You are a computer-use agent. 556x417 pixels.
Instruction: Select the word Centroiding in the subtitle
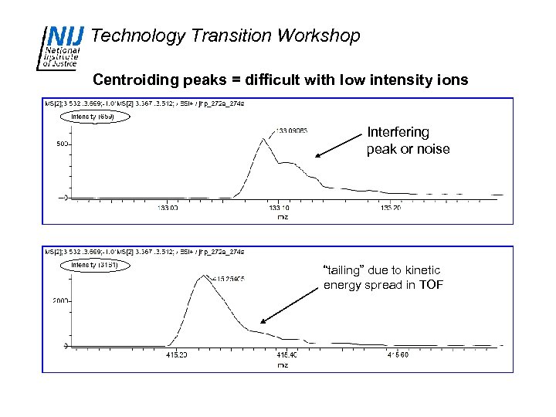[x=135, y=80]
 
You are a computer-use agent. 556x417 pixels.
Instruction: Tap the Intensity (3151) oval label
[x=94, y=265]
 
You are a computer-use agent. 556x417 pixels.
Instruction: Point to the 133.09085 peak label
[x=292, y=131]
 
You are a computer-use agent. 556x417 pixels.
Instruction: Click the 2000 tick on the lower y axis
[x=59, y=301]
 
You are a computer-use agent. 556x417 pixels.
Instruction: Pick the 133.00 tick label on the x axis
[x=168, y=208]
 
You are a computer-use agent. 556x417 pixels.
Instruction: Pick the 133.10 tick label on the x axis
[x=279, y=208]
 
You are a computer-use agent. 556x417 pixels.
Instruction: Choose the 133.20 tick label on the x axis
[x=391, y=208]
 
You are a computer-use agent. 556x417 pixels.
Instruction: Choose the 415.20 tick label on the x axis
[x=177, y=355]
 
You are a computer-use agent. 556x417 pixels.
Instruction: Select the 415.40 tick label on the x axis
[x=286, y=355]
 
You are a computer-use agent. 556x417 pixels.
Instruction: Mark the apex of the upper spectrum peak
[x=263, y=139]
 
